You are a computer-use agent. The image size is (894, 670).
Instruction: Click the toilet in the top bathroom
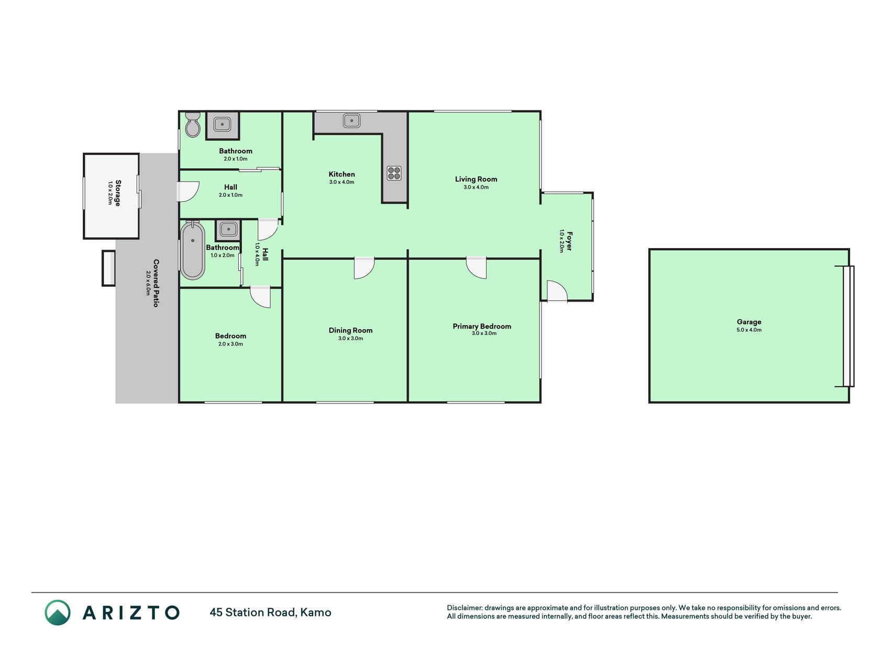point(193,125)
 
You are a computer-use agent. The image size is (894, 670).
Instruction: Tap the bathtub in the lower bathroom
point(193,250)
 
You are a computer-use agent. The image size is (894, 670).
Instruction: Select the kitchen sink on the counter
point(351,121)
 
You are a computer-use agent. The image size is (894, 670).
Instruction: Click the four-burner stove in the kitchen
point(394,173)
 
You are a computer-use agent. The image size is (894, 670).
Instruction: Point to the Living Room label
point(476,179)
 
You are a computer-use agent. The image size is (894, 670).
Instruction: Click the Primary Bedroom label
point(482,326)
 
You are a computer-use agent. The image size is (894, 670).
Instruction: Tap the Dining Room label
point(350,330)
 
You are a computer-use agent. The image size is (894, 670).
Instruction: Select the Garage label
point(749,322)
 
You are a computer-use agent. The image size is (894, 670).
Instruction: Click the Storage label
point(118,193)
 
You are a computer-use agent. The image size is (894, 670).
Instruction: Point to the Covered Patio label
point(156,283)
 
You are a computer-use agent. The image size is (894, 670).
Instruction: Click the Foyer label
point(570,241)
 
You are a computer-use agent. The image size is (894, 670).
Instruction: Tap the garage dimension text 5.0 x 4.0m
point(749,330)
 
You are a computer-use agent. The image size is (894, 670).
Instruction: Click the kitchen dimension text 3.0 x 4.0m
point(341,182)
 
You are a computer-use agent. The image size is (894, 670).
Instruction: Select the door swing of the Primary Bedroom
point(477,267)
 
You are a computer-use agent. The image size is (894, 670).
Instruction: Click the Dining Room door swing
point(364,267)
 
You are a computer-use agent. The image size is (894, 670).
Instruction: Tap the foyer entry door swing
point(557,291)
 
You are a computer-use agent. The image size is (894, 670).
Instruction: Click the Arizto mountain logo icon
point(58,612)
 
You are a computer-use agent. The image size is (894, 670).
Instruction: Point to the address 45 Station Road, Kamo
point(270,612)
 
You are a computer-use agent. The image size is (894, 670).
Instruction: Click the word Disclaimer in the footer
point(464,608)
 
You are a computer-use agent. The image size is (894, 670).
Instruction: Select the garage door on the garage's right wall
point(848,326)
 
